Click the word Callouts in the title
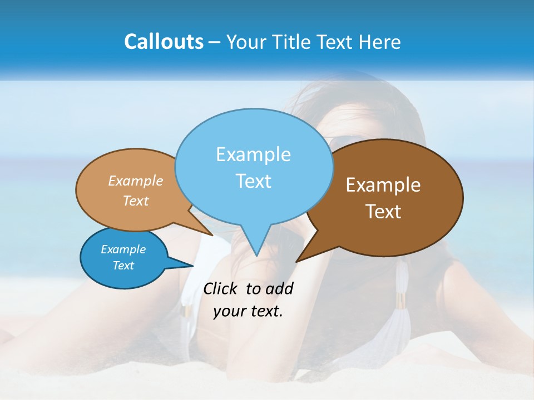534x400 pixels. click(164, 42)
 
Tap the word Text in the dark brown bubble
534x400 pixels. click(383, 211)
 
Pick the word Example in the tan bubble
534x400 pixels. click(136, 181)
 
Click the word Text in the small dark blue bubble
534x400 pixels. click(123, 266)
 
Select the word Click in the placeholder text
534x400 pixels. click(220, 288)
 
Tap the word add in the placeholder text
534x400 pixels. click(279, 288)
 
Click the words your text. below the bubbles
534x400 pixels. click(248, 311)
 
